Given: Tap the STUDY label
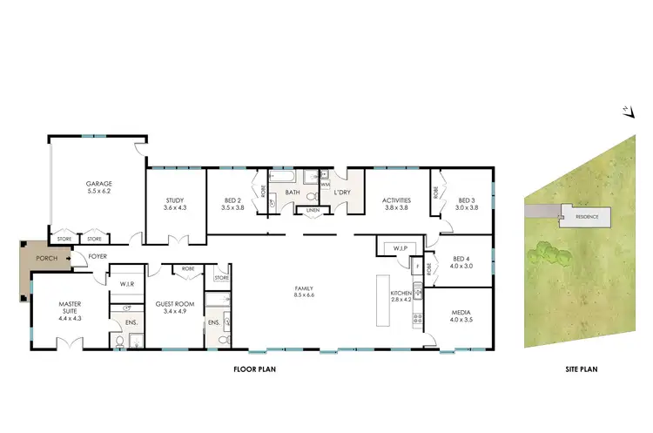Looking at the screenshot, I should pyautogui.click(x=175, y=202).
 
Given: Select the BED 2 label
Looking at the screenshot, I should pyautogui.click(x=230, y=202).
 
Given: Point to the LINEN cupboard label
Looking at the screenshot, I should pyautogui.click(x=313, y=210).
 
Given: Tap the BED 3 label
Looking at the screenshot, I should pyautogui.click(x=468, y=202).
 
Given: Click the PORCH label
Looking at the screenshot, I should pyautogui.click(x=45, y=259).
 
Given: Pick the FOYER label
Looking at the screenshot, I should pyautogui.click(x=97, y=257).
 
